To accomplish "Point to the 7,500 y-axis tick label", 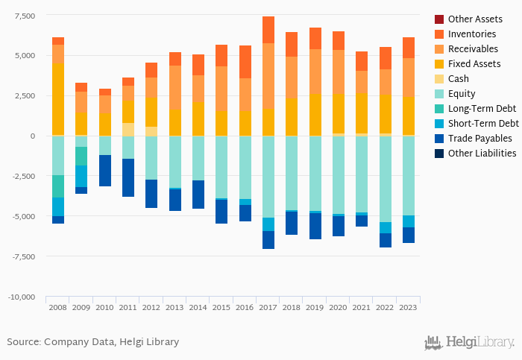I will [x=25, y=16].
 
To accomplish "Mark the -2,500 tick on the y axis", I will [x=23, y=176].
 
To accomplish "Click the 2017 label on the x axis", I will [x=268, y=306].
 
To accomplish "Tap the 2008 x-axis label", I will [x=58, y=306].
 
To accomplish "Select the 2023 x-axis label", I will [x=408, y=306].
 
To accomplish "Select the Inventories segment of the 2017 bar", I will [x=268, y=30].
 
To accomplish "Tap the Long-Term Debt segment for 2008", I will [x=58, y=186].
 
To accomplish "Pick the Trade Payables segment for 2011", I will [x=128, y=177].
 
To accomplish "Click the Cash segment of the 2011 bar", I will [x=128, y=129].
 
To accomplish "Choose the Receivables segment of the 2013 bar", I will [x=174, y=88].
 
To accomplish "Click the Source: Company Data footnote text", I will [x=92, y=342].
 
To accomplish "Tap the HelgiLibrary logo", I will [x=469, y=343].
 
